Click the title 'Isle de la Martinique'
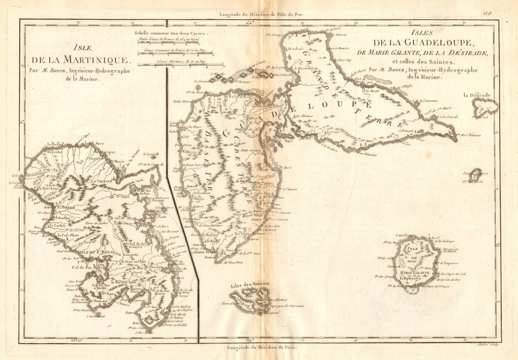(x=79, y=55)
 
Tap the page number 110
(x=486, y=14)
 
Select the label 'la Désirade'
(x=477, y=96)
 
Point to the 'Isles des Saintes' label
(x=250, y=284)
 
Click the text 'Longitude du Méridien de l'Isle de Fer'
(x=262, y=14)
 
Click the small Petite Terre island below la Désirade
(x=476, y=175)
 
